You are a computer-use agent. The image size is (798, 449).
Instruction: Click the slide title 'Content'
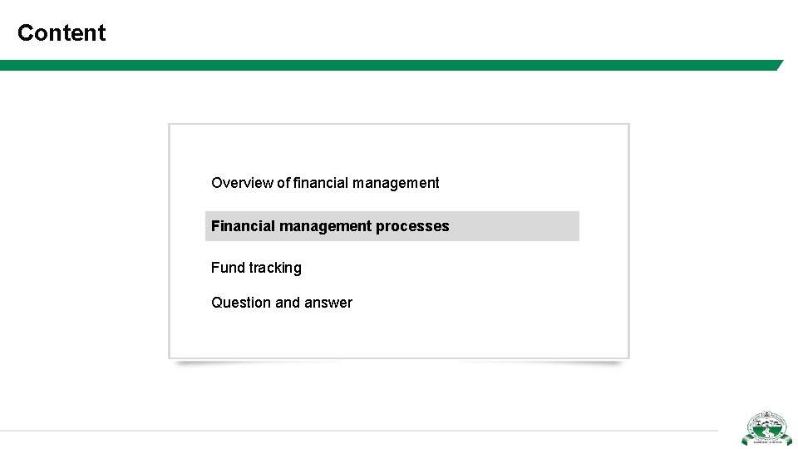pos(62,33)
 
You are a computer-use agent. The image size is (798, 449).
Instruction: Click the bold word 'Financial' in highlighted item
pos(244,226)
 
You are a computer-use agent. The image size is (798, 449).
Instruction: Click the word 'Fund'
pos(227,268)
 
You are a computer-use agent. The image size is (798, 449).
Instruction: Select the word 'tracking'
pos(275,268)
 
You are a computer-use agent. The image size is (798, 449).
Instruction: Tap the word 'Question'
pos(239,303)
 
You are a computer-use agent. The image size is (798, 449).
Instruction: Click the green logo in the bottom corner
pos(766,429)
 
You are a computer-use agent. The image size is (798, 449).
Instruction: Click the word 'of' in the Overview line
pos(283,183)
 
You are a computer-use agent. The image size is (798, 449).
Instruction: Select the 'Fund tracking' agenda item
pos(256,268)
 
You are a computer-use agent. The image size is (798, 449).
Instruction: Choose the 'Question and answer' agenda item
pos(282,303)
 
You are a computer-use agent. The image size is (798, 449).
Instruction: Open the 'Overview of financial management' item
pos(325,183)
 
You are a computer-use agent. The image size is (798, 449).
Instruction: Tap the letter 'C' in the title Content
pos(25,33)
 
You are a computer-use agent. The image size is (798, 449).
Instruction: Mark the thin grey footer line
pos(357,430)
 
